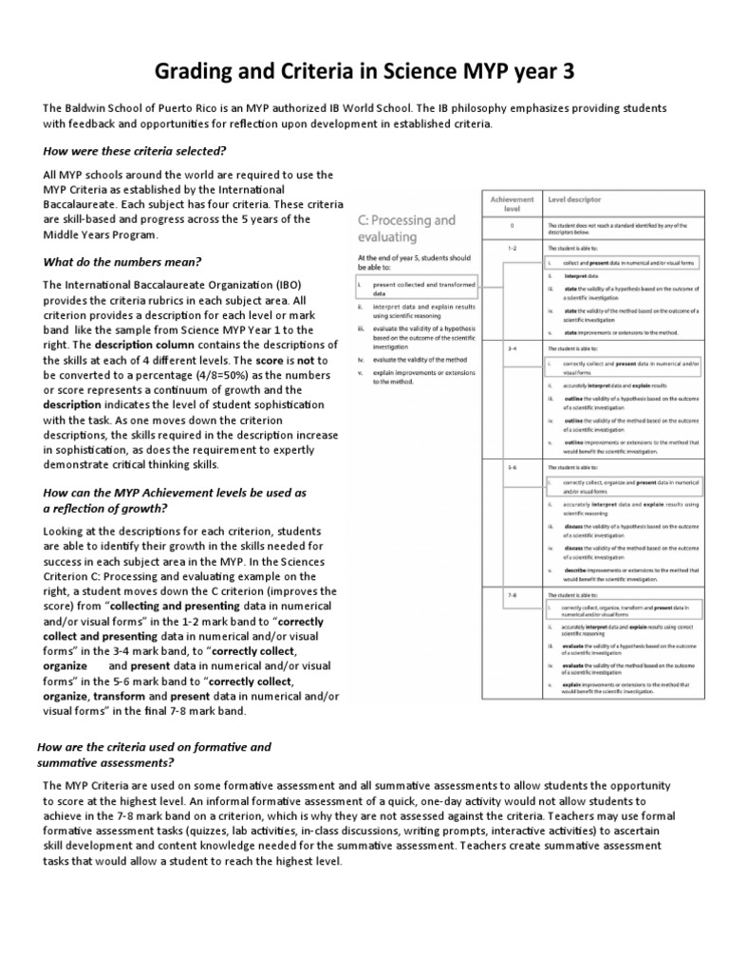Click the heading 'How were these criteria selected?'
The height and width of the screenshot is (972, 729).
[x=135, y=151]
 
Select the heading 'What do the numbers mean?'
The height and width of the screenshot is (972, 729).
[x=121, y=261]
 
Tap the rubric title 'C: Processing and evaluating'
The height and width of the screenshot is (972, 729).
[x=406, y=228]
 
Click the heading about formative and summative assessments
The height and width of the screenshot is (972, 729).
[x=153, y=755]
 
